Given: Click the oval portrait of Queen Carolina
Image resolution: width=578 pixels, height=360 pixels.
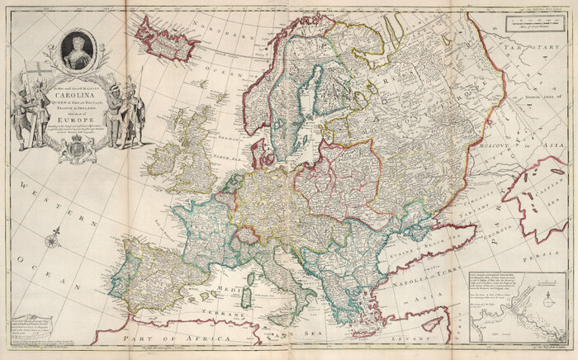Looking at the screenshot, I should point(78,50).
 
